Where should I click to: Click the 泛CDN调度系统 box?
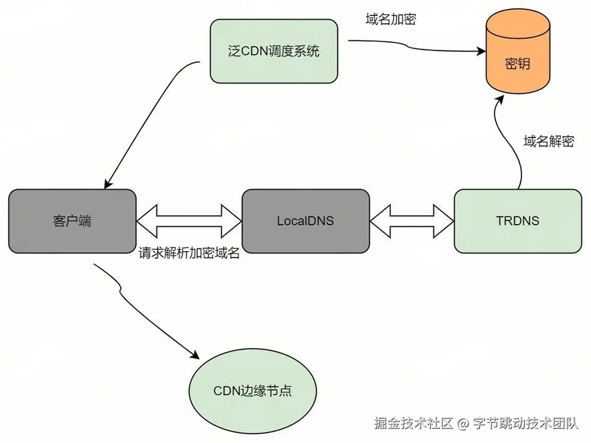(274, 52)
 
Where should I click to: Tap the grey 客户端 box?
(72, 220)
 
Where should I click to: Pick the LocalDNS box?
(306, 220)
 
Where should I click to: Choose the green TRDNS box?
(518, 220)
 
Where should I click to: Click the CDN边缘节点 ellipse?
(253, 391)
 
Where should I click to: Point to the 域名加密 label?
(391, 19)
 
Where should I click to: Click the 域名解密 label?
(549, 141)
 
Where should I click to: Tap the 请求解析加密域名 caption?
(189, 253)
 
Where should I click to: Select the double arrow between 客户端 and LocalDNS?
(189, 220)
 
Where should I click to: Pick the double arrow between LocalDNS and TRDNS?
(412, 220)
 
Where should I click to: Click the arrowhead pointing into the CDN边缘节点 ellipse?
(196, 356)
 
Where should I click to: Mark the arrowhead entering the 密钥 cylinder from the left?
(482, 52)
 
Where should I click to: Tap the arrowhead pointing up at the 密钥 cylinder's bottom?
(500, 100)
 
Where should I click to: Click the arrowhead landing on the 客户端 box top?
(108, 184)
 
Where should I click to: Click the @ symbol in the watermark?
(463, 423)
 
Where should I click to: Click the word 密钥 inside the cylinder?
(517, 65)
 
